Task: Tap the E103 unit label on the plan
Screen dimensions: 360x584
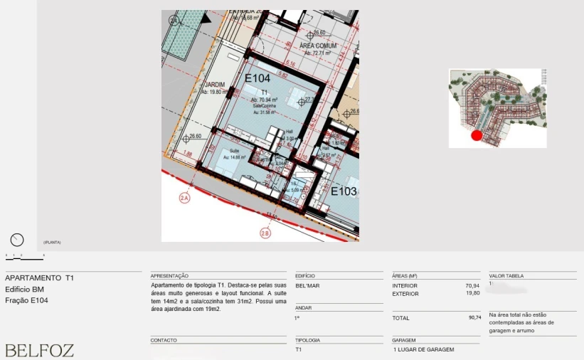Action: click(x=344, y=191)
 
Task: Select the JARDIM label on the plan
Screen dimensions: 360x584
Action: click(x=214, y=85)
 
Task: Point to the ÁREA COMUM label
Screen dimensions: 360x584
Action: click(x=318, y=46)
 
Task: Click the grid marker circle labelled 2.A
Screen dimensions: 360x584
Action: click(x=184, y=198)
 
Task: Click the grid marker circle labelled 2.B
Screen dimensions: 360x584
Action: click(x=265, y=233)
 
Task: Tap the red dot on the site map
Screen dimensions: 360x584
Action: click(x=477, y=135)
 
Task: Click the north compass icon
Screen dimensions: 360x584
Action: click(x=17, y=240)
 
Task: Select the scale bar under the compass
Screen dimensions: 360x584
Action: click(x=24, y=255)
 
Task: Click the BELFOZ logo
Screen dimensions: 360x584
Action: click(x=39, y=350)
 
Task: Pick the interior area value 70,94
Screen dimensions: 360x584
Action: click(x=472, y=285)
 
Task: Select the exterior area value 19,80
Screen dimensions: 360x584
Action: click(x=472, y=293)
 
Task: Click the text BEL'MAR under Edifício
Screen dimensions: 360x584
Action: click(x=307, y=285)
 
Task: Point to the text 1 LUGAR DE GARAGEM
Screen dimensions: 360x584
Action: click(x=423, y=349)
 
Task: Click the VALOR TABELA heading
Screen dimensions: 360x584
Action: click(x=508, y=275)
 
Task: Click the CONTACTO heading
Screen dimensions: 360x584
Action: click(x=164, y=340)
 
